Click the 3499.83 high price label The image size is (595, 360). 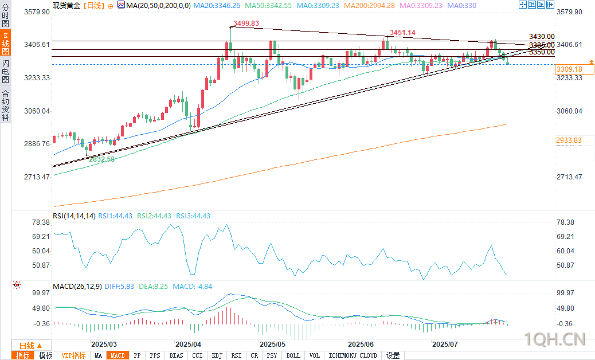click(246, 24)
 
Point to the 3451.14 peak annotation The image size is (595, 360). click(402, 33)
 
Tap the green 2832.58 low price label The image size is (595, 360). click(101, 159)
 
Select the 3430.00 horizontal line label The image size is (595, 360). click(542, 37)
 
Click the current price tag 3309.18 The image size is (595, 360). click(569, 69)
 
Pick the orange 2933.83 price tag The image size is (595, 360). click(569, 140)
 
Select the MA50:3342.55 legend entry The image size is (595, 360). click(268, 5)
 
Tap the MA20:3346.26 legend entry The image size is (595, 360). click(217, 5)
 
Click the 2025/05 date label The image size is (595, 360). click(273, 345)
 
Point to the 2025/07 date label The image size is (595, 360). click(445, 345)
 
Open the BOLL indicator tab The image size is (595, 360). click(293, 355)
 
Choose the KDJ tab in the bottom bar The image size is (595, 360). click(217, 355)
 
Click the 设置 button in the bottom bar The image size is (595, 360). click(393, 355)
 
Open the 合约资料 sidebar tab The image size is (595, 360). click(5, 105)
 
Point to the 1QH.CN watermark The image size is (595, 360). click(556, 340)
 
